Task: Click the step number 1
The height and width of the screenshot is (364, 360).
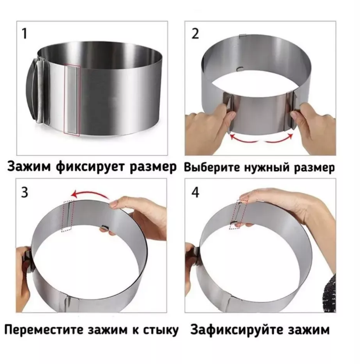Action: click(x=24, y=33)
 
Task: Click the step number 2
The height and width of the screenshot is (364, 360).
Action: click(x=195, y=33)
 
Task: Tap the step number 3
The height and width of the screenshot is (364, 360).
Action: click(x=24, y=192)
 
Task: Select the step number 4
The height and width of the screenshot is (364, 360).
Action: click(x=195, y=192)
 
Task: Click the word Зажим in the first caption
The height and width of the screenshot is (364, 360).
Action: click(x=29, y=166)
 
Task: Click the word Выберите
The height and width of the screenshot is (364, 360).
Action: click(x=212, y=167)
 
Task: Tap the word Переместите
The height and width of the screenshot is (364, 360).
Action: click(x=44, y=330)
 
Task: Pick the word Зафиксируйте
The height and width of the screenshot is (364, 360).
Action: click(x=236, y=330)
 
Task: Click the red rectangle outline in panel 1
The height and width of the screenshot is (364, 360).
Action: click(x=64, y=100)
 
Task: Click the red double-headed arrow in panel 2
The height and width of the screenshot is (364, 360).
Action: click(x=261, y=141)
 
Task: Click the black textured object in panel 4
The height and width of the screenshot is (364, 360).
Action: click(x=330, y=293)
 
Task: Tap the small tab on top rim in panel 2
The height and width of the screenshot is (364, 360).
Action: click(x=243, y=36)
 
